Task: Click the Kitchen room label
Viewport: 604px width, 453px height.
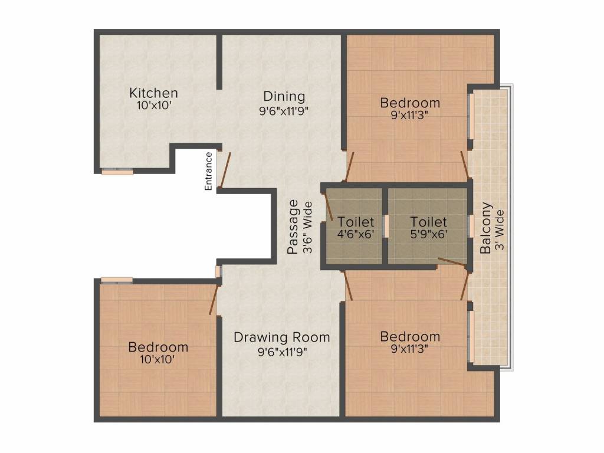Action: point(154,93)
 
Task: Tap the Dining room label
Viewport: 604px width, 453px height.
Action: point(284,96)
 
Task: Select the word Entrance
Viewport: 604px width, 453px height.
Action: point(208,171)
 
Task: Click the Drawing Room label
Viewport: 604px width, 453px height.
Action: point(281,337)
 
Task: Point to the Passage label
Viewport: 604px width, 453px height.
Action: point(293,226)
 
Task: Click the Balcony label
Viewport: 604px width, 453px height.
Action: point(486,228)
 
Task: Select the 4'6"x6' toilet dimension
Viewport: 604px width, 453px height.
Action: point(356,234)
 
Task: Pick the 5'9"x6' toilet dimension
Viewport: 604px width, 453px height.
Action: point(428,234)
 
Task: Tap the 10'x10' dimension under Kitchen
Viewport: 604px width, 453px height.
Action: point(154,105)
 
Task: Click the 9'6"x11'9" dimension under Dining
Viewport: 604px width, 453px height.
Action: point(284,111)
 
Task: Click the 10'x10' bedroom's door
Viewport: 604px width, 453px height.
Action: point(213,300)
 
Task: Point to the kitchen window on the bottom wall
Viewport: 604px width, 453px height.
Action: point(117,171)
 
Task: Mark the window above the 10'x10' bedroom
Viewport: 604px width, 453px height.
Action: point(117,280)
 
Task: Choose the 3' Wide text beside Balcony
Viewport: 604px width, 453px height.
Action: point(500,229)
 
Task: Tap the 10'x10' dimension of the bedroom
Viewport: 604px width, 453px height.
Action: point(157,359)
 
